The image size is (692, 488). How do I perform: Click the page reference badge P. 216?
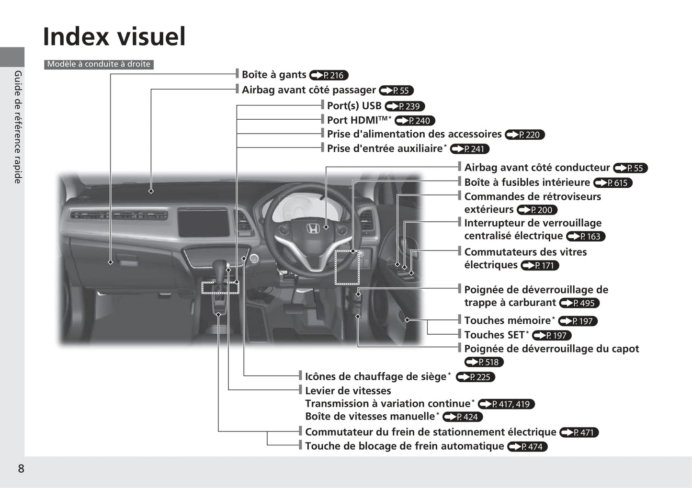[329, 75]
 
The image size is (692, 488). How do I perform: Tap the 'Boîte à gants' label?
[274, 74]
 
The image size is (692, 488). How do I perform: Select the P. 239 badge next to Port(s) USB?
[405, 106]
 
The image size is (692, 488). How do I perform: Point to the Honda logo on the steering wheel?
[313, 229]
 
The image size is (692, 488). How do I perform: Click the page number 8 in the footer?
[21, 468]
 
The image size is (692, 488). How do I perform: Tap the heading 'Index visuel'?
[114, 36]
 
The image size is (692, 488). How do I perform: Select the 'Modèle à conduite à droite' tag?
[99, 64]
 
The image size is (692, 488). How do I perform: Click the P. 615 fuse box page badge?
[613, 183]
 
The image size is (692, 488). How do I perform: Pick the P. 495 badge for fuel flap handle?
[579, 303]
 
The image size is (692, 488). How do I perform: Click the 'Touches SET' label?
[497, 335]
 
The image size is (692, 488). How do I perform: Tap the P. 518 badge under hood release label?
[484, 362]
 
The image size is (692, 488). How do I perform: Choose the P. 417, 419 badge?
[506, 404]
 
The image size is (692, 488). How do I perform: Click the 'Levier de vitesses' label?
[348, 391]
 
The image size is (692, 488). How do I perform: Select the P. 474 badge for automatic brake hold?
[528, 447]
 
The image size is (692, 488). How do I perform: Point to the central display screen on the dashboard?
[203, 222]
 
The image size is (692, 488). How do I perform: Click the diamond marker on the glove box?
[110, 262]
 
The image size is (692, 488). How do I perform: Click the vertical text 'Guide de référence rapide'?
[18, 127]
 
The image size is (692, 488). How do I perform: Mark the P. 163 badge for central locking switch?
[586, 237]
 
